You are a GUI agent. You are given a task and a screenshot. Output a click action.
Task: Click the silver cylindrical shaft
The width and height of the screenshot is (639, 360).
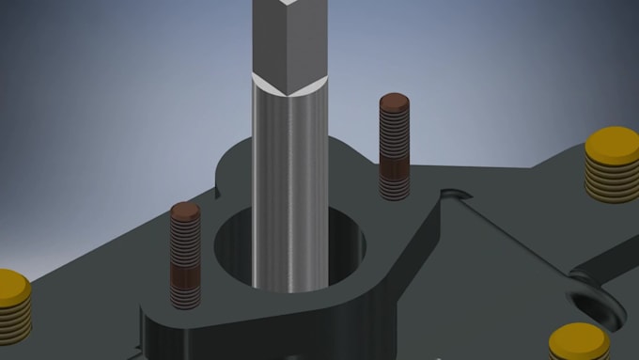pyautogui.click(x=289, y=188)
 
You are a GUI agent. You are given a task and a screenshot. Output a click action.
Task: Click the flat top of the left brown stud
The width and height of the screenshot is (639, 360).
pyautogui.click(x=185, y=211)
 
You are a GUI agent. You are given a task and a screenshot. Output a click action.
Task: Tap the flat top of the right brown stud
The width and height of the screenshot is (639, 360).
pyautogui.click(x=395, y=101)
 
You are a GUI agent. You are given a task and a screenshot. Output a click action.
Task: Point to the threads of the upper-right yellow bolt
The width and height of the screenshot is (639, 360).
pyautogui.click(x=612, y=179)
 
